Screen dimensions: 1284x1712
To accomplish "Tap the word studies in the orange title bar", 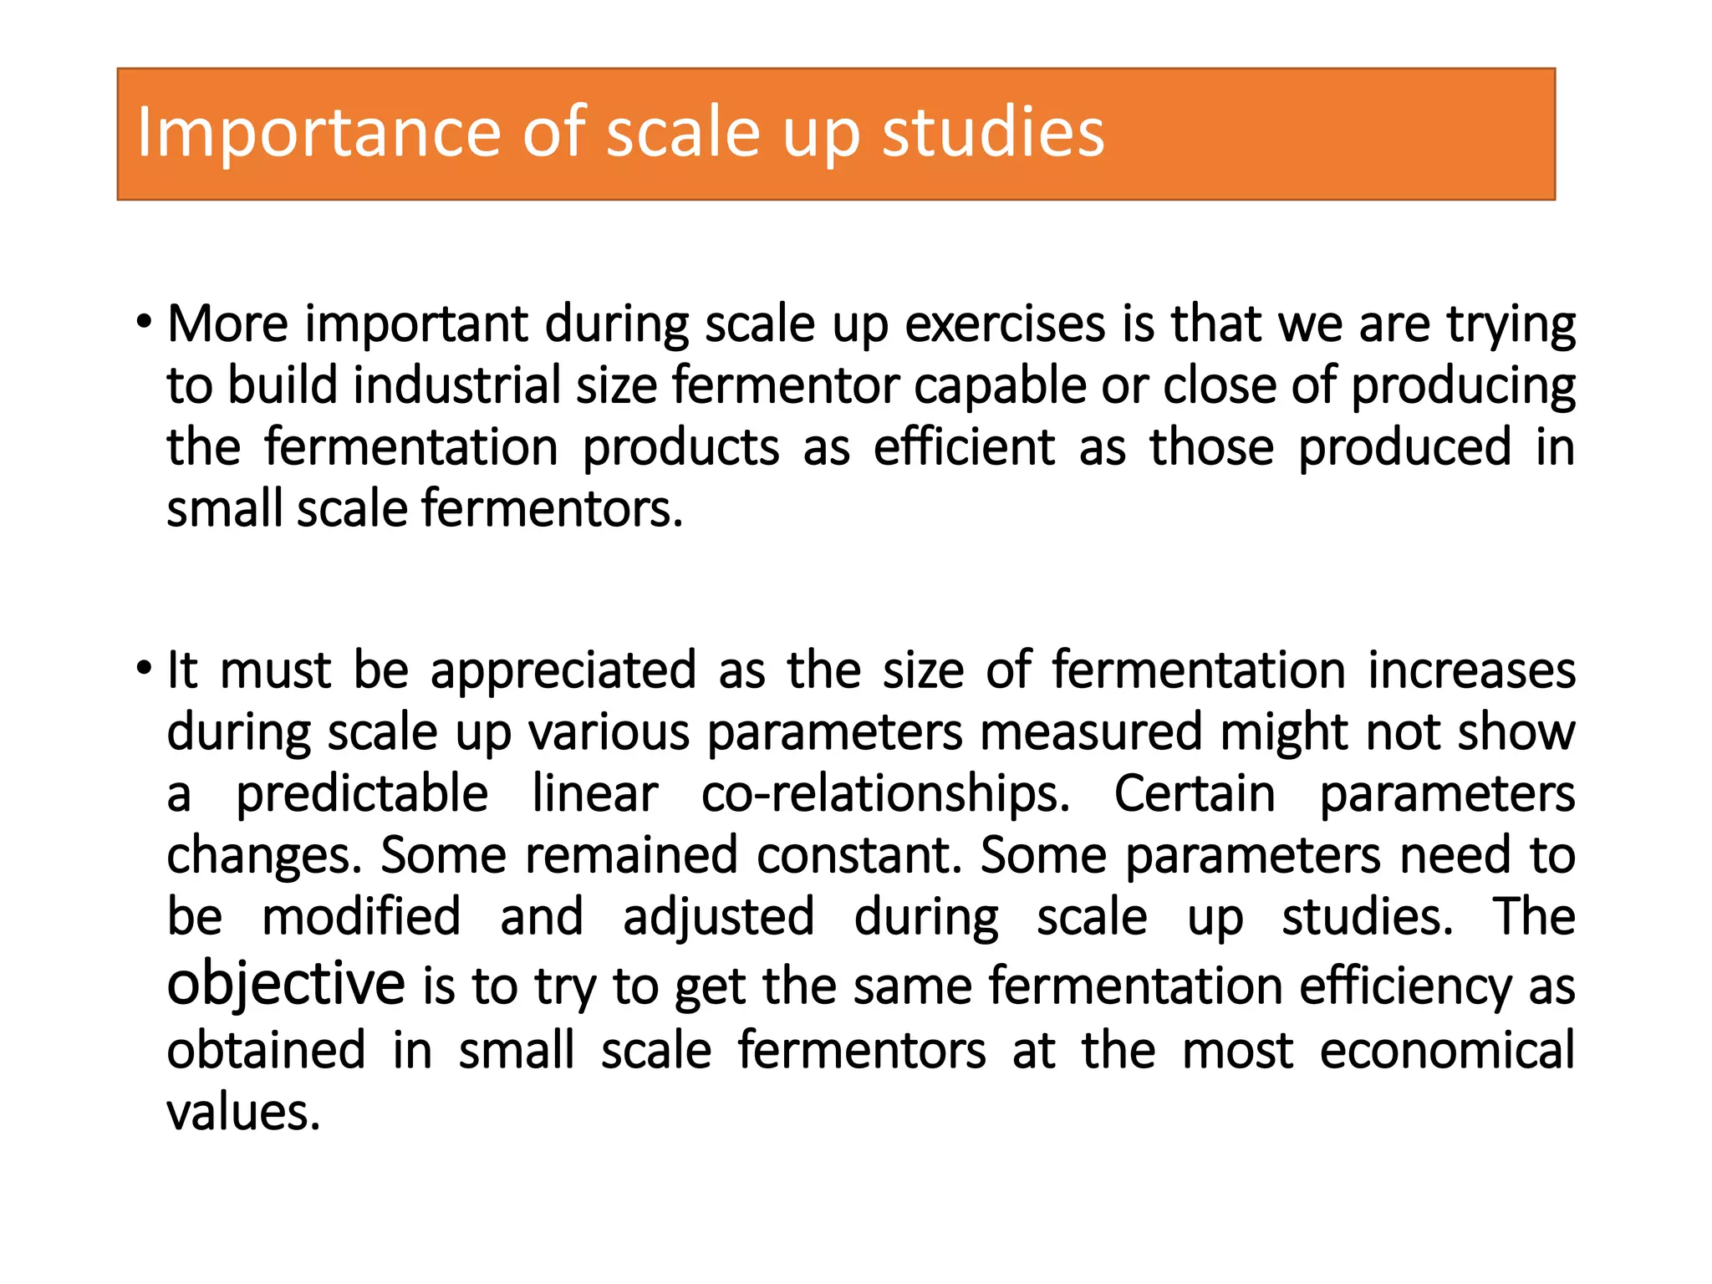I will point(993,133).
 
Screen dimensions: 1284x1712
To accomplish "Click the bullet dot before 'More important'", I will point(145,323).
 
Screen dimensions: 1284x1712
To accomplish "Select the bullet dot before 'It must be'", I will point(145,670).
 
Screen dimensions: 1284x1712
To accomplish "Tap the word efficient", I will point(964,447).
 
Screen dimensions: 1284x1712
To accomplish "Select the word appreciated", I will point(563,670).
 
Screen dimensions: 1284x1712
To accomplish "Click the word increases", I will point(1471,670).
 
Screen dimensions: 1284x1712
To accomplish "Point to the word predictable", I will point(362,793).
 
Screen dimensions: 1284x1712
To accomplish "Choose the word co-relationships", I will point(884,793).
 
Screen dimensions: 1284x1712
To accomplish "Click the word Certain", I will point(1195,793).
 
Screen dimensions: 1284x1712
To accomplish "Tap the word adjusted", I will point(718,917).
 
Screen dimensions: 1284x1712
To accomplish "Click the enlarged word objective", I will point(286,983).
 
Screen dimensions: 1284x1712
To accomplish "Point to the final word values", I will point(243,1113).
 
